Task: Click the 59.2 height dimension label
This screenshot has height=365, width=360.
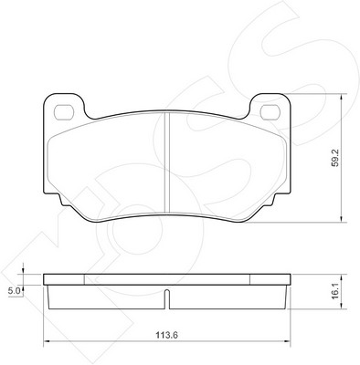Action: click(x=335, y=158)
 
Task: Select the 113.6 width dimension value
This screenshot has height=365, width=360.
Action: click(x=167, y=336)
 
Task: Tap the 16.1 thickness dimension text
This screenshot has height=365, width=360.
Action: click(x=335, y=292)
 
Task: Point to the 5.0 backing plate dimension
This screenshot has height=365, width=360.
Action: click(x=14, y=291)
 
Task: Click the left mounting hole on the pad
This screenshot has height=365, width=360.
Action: click(x=64, y=112)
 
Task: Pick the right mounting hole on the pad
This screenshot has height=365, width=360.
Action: click(x=270, y=112)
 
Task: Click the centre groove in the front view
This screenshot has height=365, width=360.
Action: click(x=167, y=162)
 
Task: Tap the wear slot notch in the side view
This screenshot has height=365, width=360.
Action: click(x=167, y=299)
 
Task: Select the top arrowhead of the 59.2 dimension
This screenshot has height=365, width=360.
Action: click(x=342, y=97)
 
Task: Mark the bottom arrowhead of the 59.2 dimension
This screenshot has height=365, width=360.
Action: click(x=342, y=219)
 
